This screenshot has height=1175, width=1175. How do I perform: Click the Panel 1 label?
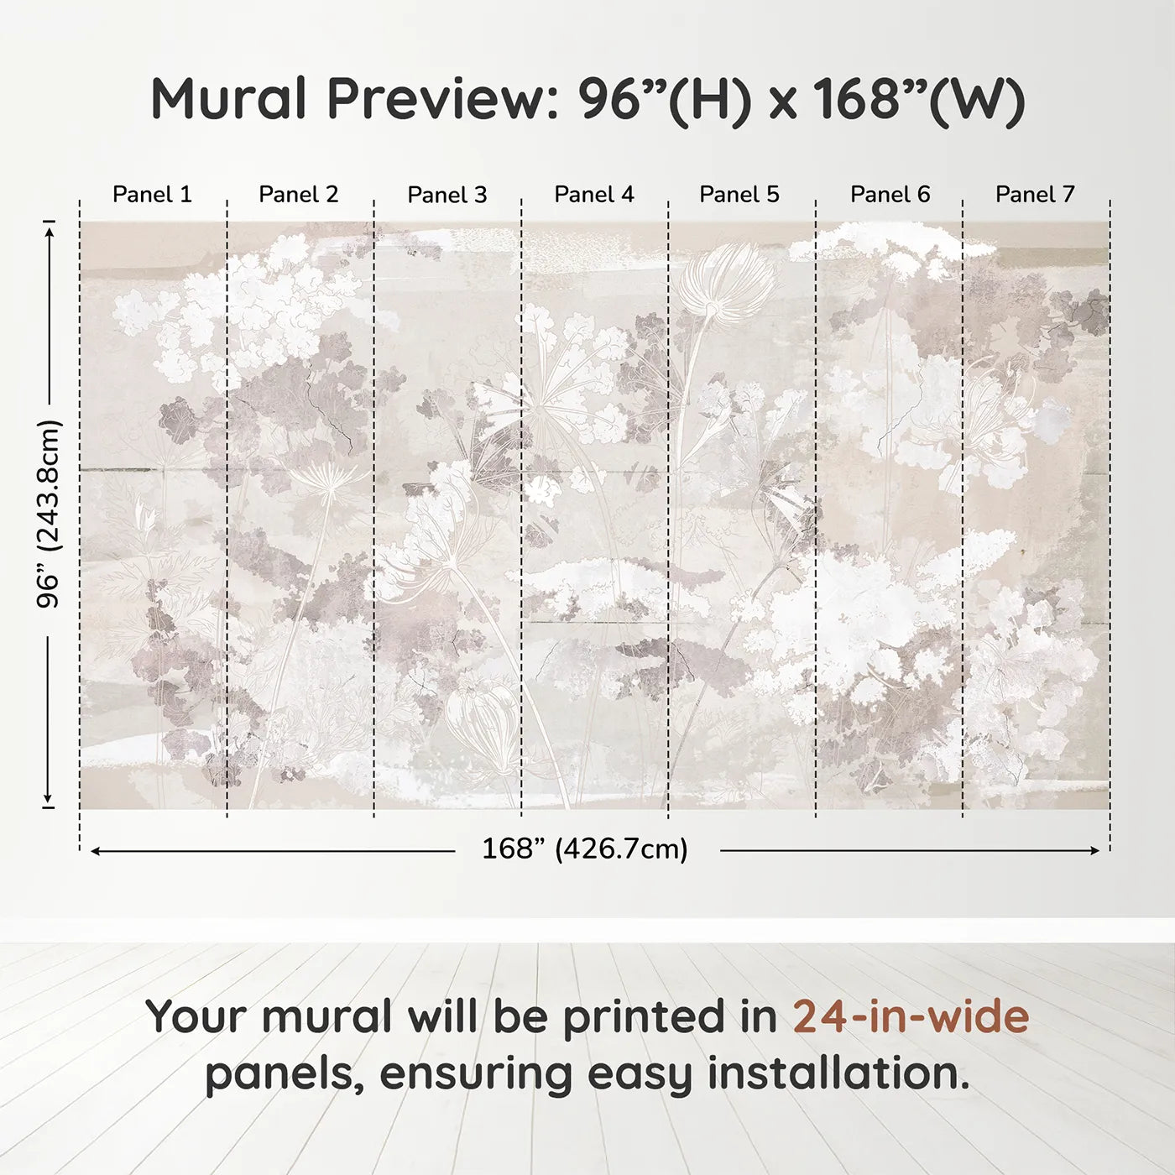152,195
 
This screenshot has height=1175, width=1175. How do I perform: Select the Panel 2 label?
298,195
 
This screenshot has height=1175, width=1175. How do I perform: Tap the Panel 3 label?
446,196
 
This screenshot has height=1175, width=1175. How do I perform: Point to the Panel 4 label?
594,195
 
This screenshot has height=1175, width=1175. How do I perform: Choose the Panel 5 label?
739,195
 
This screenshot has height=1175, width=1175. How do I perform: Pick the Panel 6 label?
890,195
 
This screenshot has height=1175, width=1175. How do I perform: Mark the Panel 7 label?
1035,195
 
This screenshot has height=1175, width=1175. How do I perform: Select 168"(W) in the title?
919,100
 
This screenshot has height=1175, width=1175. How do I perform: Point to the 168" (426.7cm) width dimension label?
585,849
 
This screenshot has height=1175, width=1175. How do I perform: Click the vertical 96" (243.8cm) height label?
49,514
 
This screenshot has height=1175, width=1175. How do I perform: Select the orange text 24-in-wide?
911,1016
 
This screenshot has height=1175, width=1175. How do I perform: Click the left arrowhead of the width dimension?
96,851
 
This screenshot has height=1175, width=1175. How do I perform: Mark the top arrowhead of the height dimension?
49,228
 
